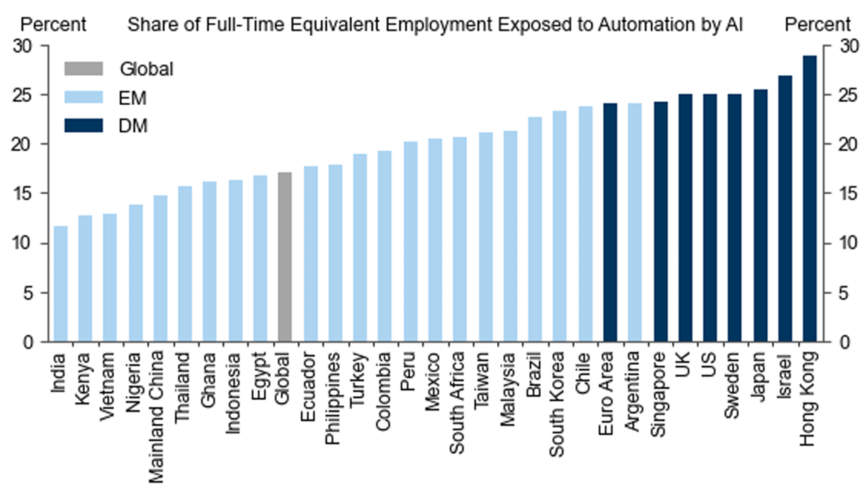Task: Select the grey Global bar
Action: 285,257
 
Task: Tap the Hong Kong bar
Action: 810,199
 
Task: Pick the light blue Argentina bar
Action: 634,223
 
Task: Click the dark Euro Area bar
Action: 610,223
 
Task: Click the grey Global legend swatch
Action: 84,68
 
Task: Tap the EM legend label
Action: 132,98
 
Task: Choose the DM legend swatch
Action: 84,125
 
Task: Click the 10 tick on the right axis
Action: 848,243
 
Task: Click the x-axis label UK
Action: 683,365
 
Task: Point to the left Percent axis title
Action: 53,25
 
